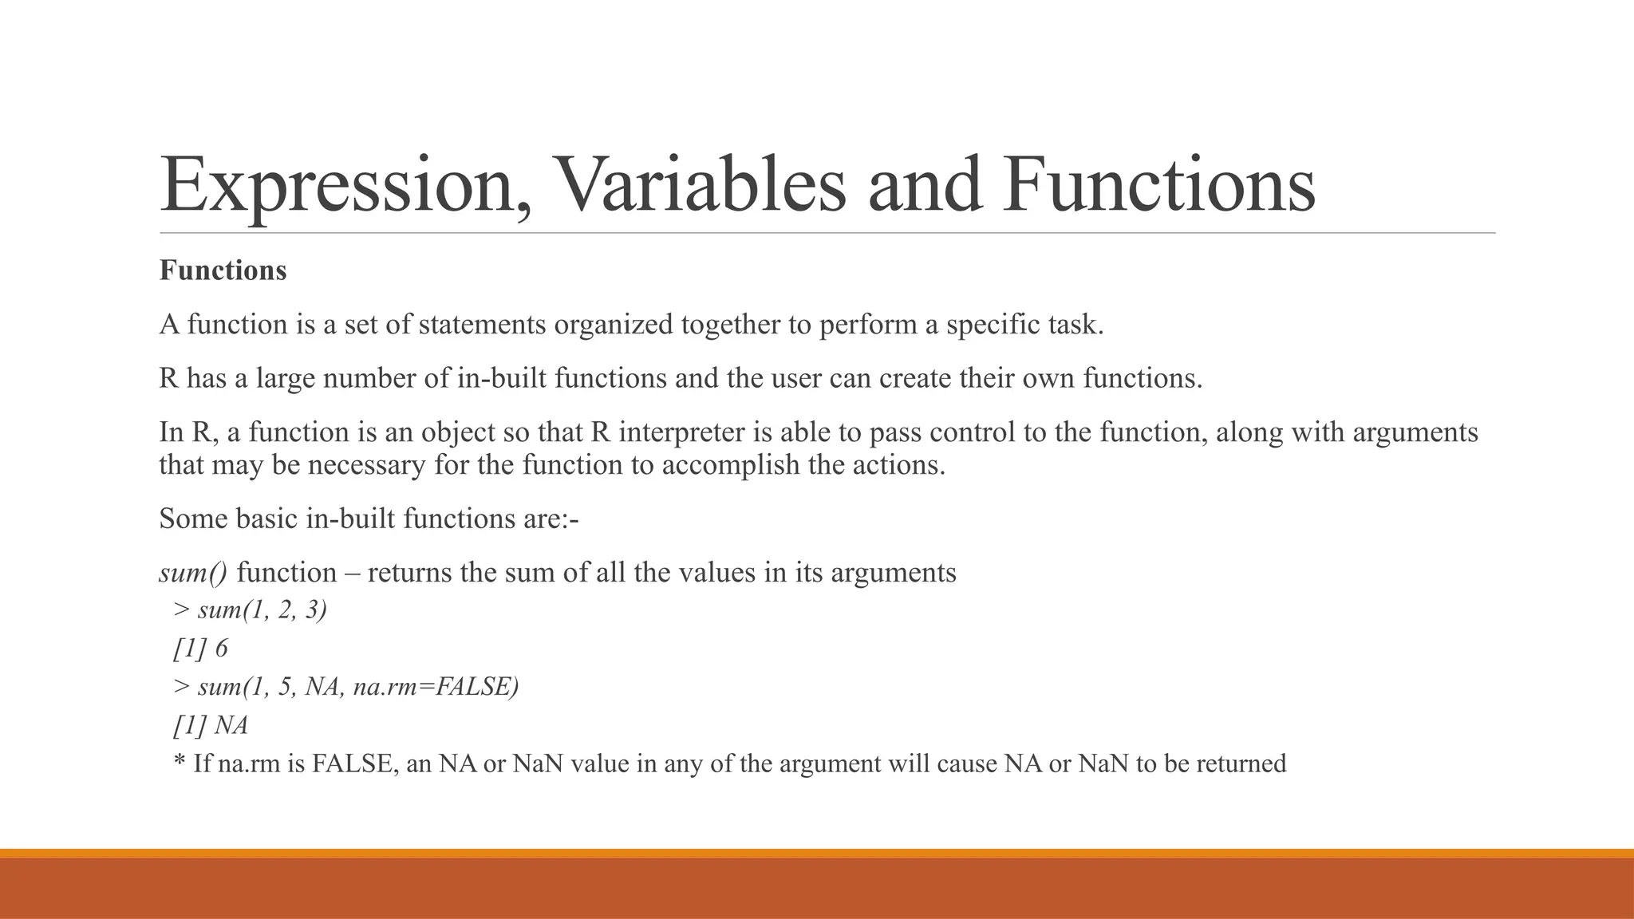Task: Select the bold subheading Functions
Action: point(223,270)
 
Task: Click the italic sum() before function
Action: point(193,573)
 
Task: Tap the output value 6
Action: point(221,649)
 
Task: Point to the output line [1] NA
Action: point(211,725)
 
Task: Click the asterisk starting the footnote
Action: point(180,762)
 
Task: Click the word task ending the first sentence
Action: point(1074,325)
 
